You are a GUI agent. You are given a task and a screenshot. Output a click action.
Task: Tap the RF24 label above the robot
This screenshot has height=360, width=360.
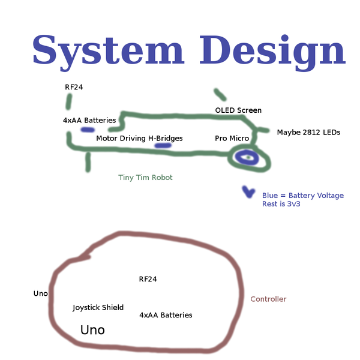pos(74,87)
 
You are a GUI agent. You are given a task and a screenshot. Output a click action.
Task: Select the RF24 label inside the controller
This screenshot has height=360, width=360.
pos(148,279)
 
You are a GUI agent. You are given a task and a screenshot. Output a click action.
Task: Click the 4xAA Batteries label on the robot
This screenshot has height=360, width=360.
pos(89,120)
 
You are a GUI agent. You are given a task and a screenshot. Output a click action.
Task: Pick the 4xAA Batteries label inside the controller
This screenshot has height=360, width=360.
pos(166,314)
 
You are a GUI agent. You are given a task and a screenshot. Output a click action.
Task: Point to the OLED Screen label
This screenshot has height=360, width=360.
pos(238,110)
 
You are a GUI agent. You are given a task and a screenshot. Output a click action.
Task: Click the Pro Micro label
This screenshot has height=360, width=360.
pos(232,138)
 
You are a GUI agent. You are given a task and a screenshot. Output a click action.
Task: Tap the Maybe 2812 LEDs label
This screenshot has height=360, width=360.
pos(308,132)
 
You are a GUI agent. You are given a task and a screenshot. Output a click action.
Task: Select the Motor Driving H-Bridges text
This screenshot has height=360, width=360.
pos(139,138)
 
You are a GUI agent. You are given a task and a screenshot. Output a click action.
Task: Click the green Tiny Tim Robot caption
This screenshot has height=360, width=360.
pos(145,178)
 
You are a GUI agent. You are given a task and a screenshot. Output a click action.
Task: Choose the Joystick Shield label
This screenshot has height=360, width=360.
pos(98,307)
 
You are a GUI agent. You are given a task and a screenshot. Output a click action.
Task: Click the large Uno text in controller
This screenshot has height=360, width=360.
pos(92,330)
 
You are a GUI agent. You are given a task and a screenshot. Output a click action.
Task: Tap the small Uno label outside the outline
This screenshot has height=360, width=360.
pos(40,293)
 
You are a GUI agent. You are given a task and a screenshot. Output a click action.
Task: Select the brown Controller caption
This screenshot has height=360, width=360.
pos(268,299)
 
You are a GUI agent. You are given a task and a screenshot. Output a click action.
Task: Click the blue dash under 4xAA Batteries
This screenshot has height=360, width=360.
pos(88,129)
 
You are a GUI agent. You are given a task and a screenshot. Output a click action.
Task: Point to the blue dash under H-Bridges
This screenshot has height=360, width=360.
pos(163,145)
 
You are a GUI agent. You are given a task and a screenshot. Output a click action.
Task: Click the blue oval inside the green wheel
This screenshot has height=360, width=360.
pos(247,158)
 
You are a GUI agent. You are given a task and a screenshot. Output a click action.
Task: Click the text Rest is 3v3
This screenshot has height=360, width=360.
pos(281,204)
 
